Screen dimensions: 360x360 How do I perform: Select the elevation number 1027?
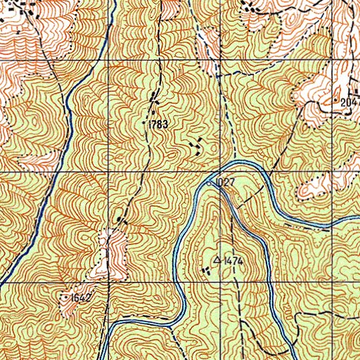click(225, 183)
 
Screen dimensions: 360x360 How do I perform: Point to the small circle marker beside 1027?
click(210, 183)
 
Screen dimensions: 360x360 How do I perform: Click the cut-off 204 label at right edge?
click(349, 103)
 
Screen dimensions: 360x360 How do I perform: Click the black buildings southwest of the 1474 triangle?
click(205, 269)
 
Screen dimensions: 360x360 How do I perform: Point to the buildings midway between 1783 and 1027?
click(197, 146)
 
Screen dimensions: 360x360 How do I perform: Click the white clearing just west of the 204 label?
click(309, 95)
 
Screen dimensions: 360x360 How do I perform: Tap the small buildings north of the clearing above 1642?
click(122, 221)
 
